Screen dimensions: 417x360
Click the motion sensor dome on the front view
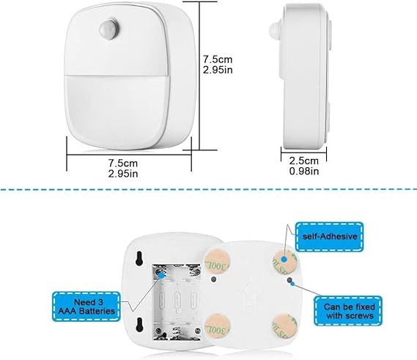[109, 29]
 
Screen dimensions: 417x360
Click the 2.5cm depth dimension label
[303, 161]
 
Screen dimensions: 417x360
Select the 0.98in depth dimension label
[304, 171]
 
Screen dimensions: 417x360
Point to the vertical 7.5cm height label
[218, 59]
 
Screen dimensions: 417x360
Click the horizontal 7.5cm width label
[123, 163]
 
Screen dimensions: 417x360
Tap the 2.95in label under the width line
[123, 174]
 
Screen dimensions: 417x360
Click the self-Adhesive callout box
[330, 237]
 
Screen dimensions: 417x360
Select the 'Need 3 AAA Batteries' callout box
[86, 306]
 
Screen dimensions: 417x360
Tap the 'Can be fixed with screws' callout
[348, 311]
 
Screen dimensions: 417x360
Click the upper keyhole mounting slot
[139, 258]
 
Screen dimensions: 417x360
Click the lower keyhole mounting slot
[139, 325]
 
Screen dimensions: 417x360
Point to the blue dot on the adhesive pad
[284, 259]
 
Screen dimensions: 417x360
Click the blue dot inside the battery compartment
[161, 276]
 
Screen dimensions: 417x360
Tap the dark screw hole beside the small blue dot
[289, 280]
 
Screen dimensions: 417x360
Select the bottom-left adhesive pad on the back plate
[217, 326]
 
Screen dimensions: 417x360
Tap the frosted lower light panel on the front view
[117, 111]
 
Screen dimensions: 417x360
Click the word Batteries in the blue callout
[97, 311]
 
